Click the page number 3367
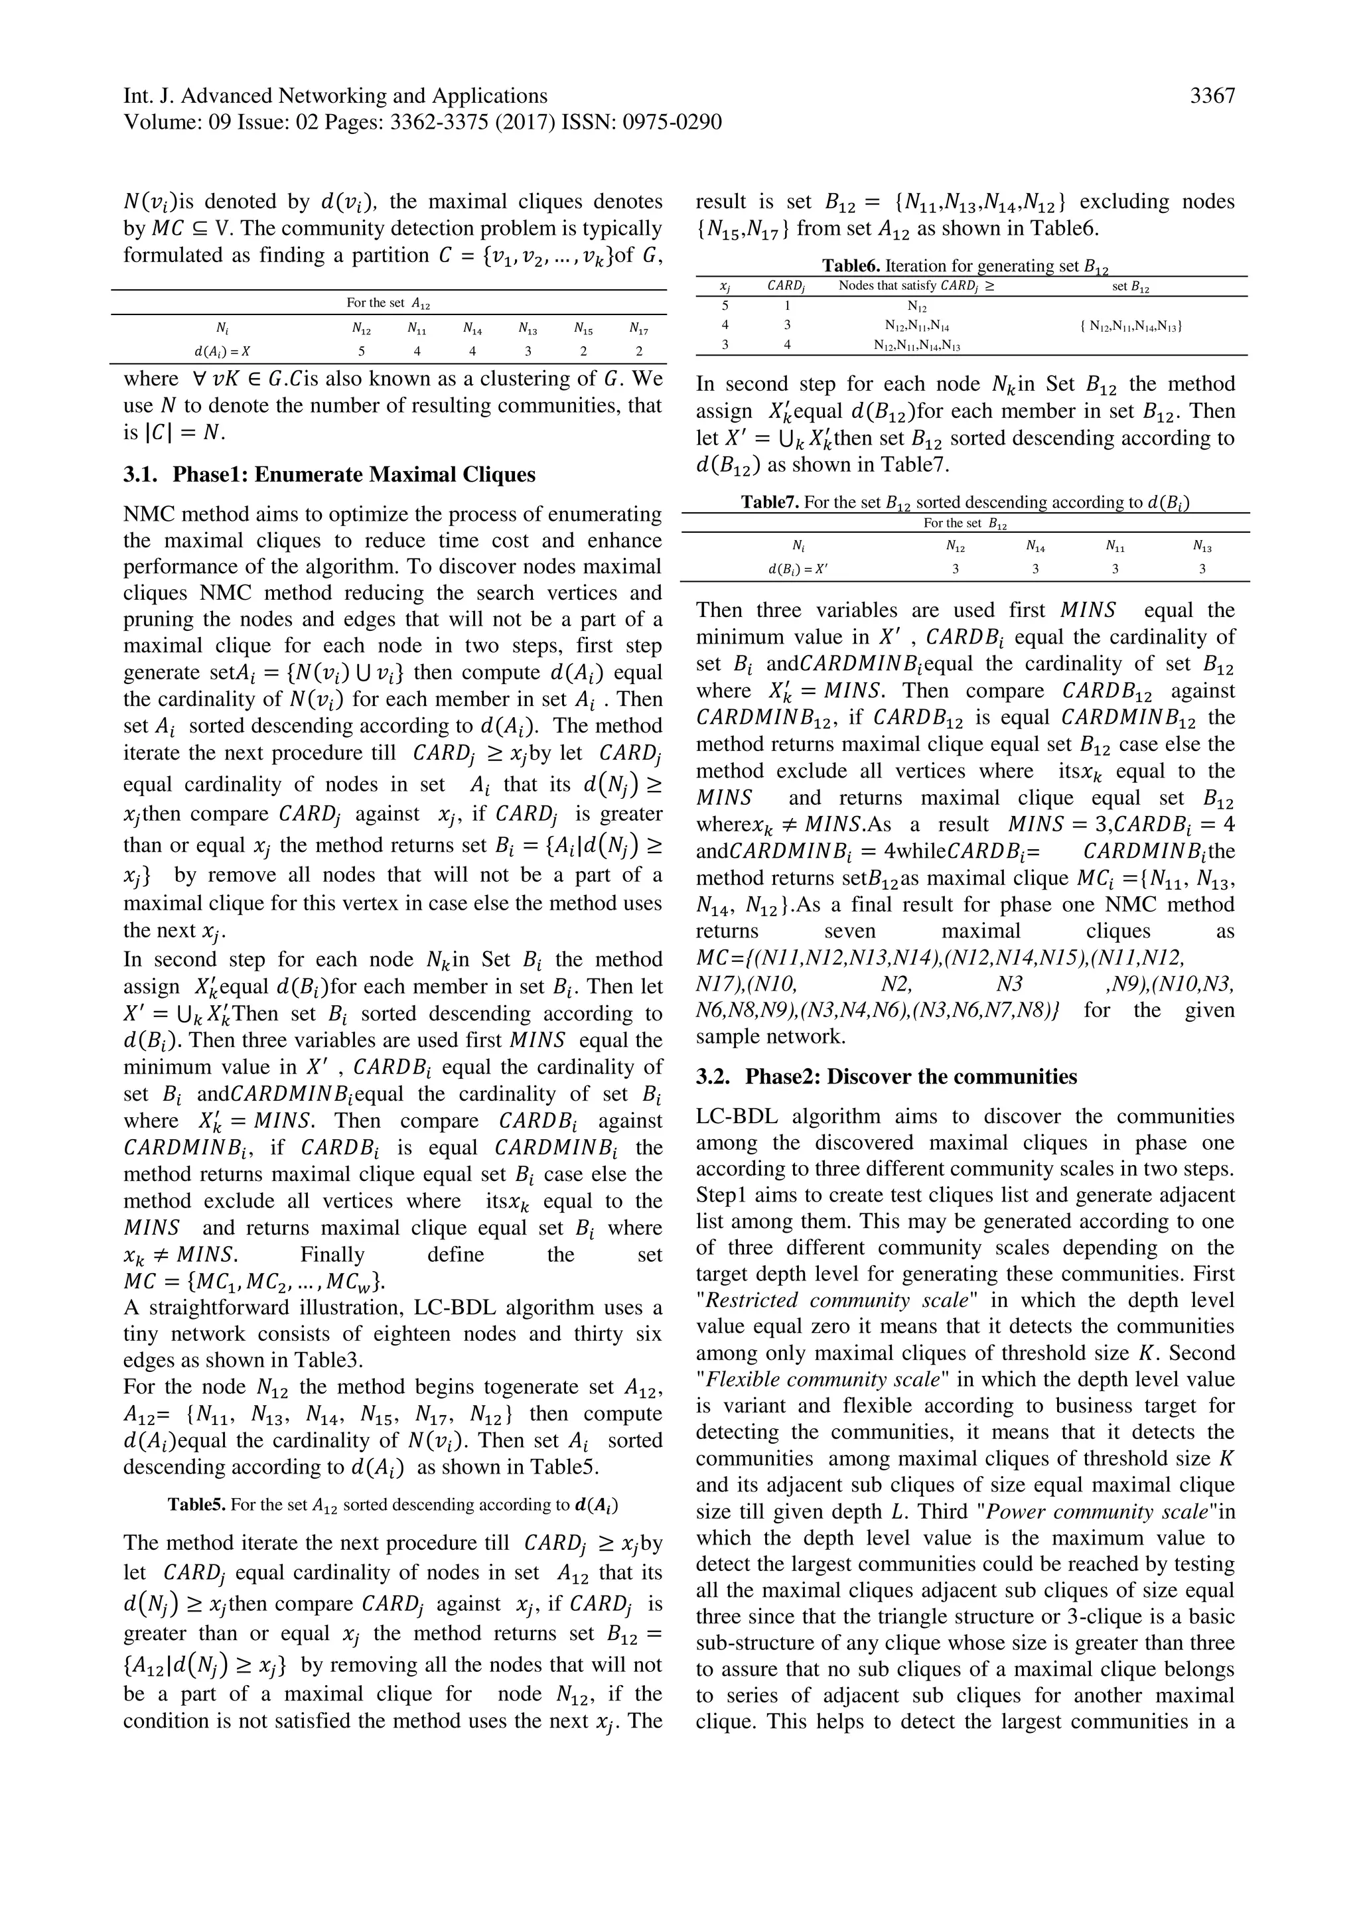pos(1212,96)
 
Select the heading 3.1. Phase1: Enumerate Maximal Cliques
pos(329,474)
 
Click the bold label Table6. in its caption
pos(850,266)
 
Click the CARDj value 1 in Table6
pos(787,307)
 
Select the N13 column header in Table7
pos(1202,547)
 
